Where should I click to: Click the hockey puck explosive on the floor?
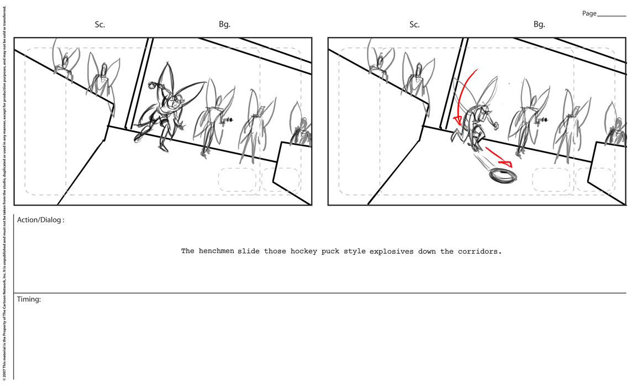point(503,176)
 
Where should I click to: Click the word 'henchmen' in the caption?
point(217,251)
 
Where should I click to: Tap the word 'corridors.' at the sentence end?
point(480,251)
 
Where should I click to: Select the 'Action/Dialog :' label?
point(41,220)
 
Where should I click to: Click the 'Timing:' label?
point(29,299)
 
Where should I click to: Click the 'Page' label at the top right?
point(589,13)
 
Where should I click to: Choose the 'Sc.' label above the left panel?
point(100,24)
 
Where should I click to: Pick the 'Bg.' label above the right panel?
point(539,24)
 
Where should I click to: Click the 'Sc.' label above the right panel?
point(414,24)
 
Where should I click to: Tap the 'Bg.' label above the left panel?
point(225,24)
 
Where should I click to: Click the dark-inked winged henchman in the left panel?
point(165,108)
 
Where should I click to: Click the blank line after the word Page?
point(612,16)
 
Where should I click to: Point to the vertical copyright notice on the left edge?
point(4,193)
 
